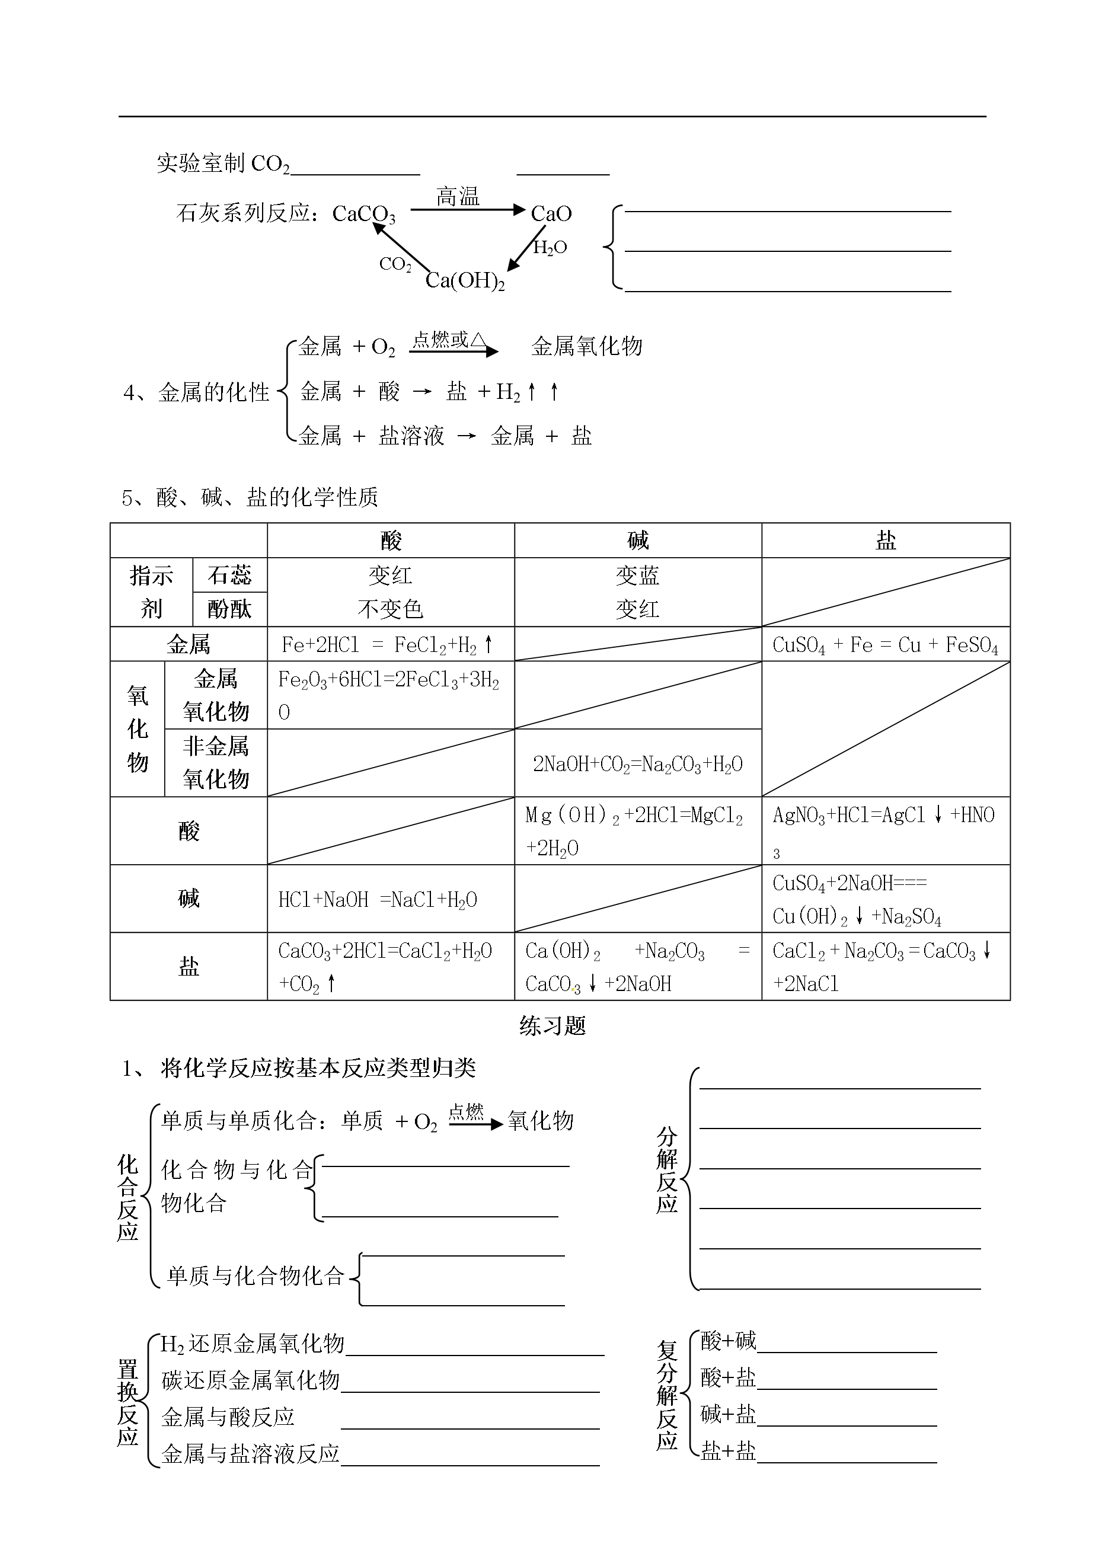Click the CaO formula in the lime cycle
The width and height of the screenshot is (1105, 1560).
click(x=551, y=213)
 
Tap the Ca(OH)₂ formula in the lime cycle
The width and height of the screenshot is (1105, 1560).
click(x=465, y=280)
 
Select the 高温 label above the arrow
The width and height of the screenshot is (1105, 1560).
click(x=457, y=197)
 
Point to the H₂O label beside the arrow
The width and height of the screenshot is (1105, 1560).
click(x=550, y=248)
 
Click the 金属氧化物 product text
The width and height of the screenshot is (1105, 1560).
click(x=586, y=346)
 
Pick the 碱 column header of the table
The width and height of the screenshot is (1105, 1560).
click(x=637, y=541)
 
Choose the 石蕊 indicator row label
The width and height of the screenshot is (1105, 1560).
click(x=229, y=576)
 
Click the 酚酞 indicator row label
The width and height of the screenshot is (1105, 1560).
click(x=229, y=609)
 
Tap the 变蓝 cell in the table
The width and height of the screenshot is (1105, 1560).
click(x=637, y=576)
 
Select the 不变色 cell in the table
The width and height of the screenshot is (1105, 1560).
click(x=390, y=609)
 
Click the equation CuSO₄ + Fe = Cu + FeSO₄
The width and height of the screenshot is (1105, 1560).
click(x=884, y=645)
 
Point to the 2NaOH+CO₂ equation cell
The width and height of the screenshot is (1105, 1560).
click(x=637, y=764)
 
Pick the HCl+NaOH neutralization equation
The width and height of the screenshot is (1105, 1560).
click(x=378, y=899)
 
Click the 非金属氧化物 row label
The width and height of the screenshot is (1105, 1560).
click(x=216, y=763)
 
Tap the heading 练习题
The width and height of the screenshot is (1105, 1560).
click(x=552, y=1026)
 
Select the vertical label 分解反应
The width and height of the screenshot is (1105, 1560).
click(x=667, y=1170)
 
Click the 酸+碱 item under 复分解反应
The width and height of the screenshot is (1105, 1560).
click(x=728, y=1341)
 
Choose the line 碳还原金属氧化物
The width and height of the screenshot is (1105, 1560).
click(x=250, y=1380)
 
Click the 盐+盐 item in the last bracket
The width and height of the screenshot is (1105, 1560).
click(x=728, y=1452)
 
